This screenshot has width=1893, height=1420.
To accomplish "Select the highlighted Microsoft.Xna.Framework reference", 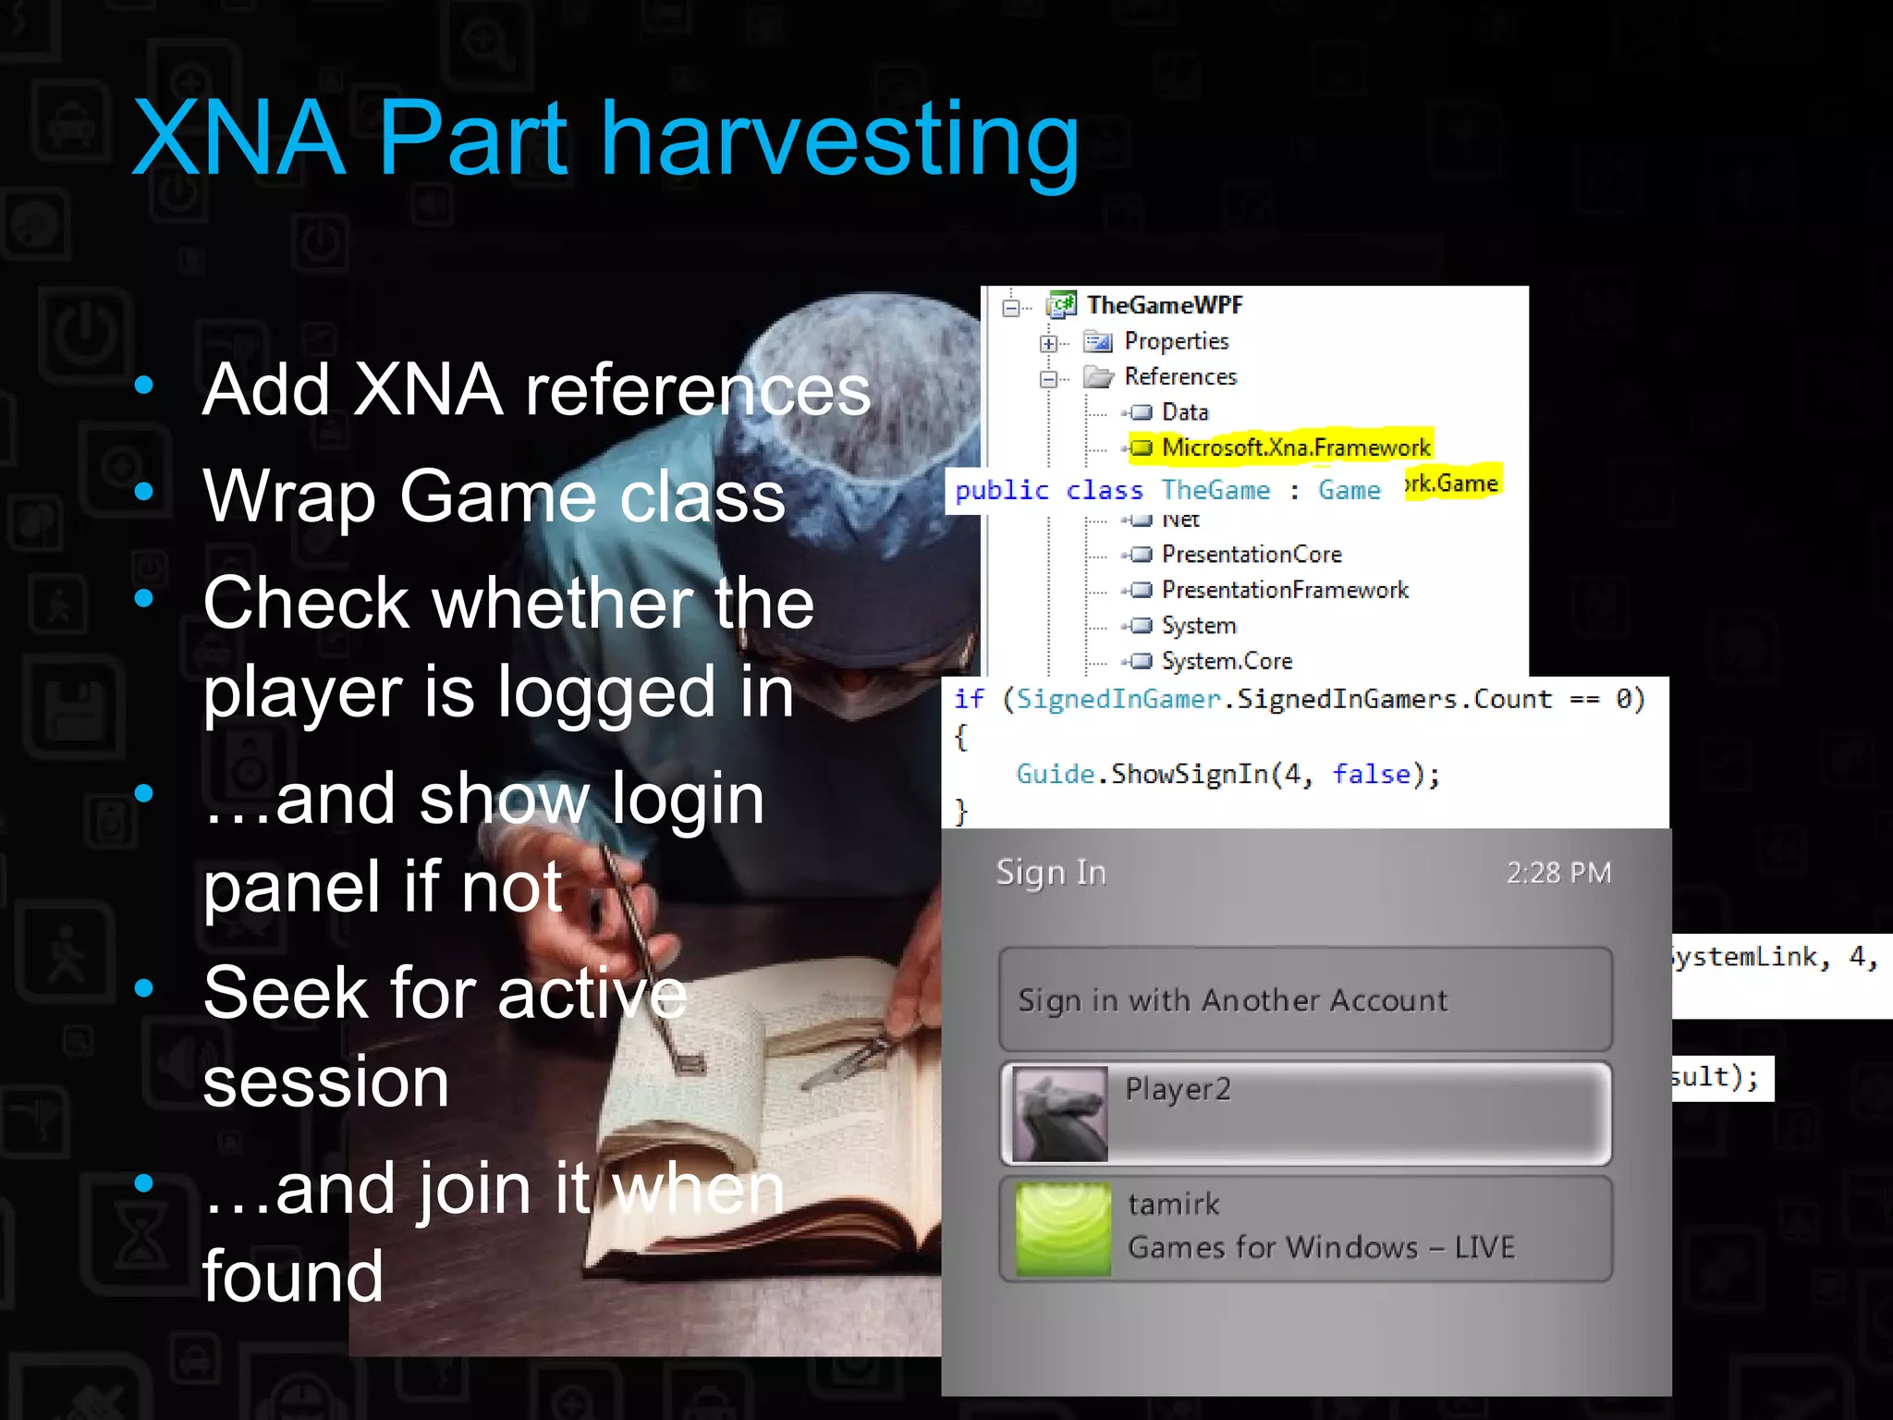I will coord(1295,447).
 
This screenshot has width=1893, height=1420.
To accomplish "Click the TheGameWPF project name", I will coord(1165,305).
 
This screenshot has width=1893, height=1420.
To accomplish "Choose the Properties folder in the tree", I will coord(1176,341).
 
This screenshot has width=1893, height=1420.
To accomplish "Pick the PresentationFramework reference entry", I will coord(1284,590).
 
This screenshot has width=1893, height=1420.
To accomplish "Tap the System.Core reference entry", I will coord(1227,661).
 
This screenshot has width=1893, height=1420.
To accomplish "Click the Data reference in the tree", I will coord(1184,412).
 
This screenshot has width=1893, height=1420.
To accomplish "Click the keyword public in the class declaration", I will coord(1001,491).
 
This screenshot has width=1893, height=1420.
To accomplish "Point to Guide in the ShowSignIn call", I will coord(1055,774).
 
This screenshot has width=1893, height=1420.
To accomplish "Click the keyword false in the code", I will coord(1371,774).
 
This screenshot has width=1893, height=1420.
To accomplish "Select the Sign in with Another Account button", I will coord(1305,999).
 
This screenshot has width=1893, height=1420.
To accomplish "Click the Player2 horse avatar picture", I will coord(1059,1114).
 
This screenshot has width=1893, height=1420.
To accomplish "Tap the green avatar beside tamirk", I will coord(1063,1229).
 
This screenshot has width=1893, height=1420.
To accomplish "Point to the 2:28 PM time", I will coord(1558,873).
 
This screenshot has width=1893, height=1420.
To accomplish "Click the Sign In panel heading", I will coord(1051,873).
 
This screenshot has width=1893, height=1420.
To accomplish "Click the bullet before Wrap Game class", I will coord(143,491).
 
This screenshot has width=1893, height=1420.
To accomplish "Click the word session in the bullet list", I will coord(325,1082).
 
